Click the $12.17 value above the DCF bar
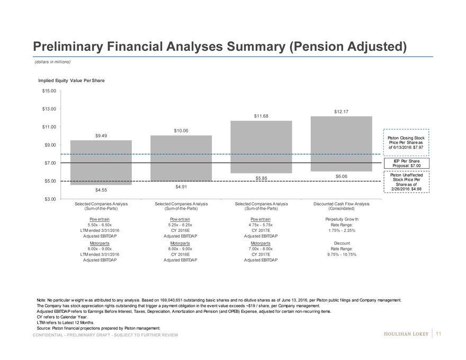(x=342, y=112)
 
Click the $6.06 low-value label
(x=342, y=176)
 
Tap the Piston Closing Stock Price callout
(x=407, y=143)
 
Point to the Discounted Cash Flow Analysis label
(x=342, y=204)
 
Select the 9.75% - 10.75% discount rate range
(x=342, y=254)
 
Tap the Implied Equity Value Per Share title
(x=71, y=80)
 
